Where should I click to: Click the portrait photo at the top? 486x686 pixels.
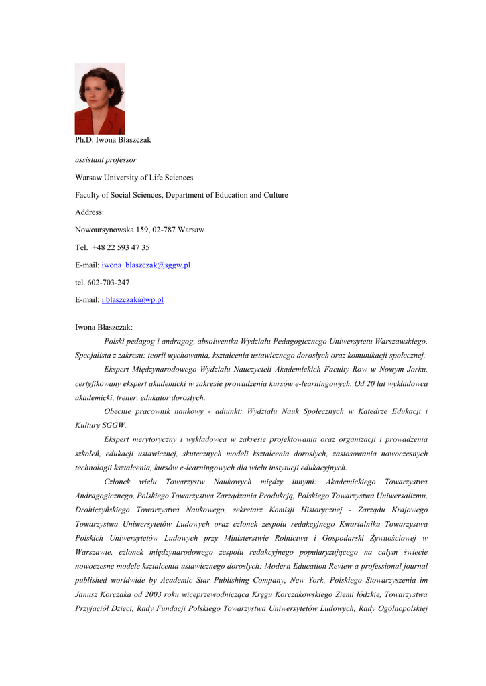pos(100,98)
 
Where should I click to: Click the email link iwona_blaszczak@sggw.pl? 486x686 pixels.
pos(145,265)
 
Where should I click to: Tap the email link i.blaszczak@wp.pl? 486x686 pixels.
pos(132,300)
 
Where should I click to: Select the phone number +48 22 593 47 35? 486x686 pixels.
pos(121,247)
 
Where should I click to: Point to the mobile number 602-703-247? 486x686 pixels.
pos(109,283)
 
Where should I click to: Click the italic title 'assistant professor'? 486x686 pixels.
pos(105,160)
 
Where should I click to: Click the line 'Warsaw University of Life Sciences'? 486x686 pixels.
pos(133,178)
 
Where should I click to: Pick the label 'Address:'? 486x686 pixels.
pos(89,212)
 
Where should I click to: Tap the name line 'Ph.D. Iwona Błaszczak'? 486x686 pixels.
pos(113,140)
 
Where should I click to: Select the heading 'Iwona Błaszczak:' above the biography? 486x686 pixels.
pos(103,327)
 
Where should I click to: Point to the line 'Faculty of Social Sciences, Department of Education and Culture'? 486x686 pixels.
pos(181,195)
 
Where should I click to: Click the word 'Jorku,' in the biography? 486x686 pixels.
pos(414,369)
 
